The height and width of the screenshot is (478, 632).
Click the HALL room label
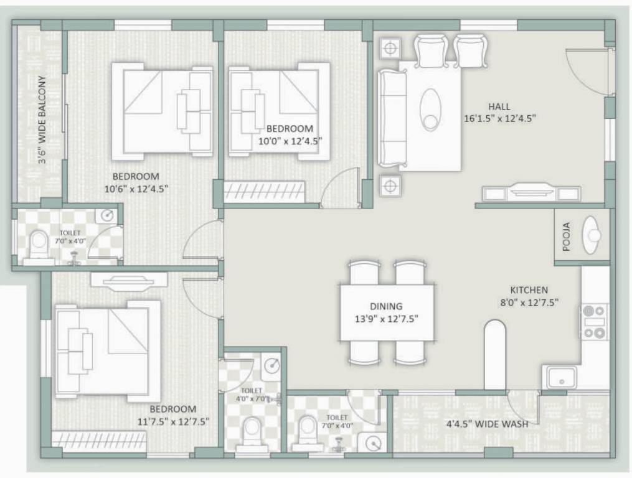click(499, 106)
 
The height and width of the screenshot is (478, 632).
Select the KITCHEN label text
click(529, 290)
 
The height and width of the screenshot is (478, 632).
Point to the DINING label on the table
click(386, 306)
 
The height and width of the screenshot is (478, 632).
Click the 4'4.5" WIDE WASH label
click(487, 424)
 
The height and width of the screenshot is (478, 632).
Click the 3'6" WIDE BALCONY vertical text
click(42, 119)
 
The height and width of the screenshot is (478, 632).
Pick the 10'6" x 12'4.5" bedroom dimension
click(136, 187)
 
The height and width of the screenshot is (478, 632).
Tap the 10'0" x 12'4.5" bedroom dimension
click(290, 141)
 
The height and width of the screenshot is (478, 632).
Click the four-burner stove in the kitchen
click(594, 321)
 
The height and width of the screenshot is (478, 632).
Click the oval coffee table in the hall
click(430, 110)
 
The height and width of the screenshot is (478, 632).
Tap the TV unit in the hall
click(531, 193)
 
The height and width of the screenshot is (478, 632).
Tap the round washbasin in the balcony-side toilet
click(107, 216)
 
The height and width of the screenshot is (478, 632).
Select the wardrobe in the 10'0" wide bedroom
click(264, 192)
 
